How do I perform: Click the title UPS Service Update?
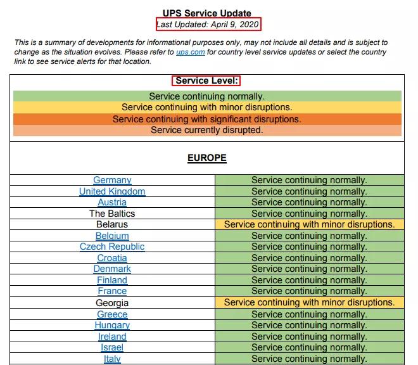(x=207, y=13)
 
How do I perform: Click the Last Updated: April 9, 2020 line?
(x=208, y=24)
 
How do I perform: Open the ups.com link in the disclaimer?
(x=190, y=52)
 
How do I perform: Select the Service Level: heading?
(x=207, y=81)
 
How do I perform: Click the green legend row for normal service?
(x=207, y=96)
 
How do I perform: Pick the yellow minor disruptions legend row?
(x=207, y=108)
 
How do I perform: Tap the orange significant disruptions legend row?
(x=207, y=119)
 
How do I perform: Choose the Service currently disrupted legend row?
(x=207, y=131)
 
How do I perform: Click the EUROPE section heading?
(x=207, y=158)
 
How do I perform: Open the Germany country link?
(x=112, y=180)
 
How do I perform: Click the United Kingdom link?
(x=112, y=191)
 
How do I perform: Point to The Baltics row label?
(x=112, y=214)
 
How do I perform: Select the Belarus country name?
(x=112, y=224)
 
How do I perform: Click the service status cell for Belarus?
(x=309, y=224)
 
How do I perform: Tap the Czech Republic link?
(x=112, y=247)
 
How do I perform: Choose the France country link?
(x=112, y=291)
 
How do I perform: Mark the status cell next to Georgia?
(x=309, y=302)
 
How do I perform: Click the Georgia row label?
(x=112, y=303)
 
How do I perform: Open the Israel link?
(x=112, y=347)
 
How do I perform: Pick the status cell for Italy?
(x=309, y=359)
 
